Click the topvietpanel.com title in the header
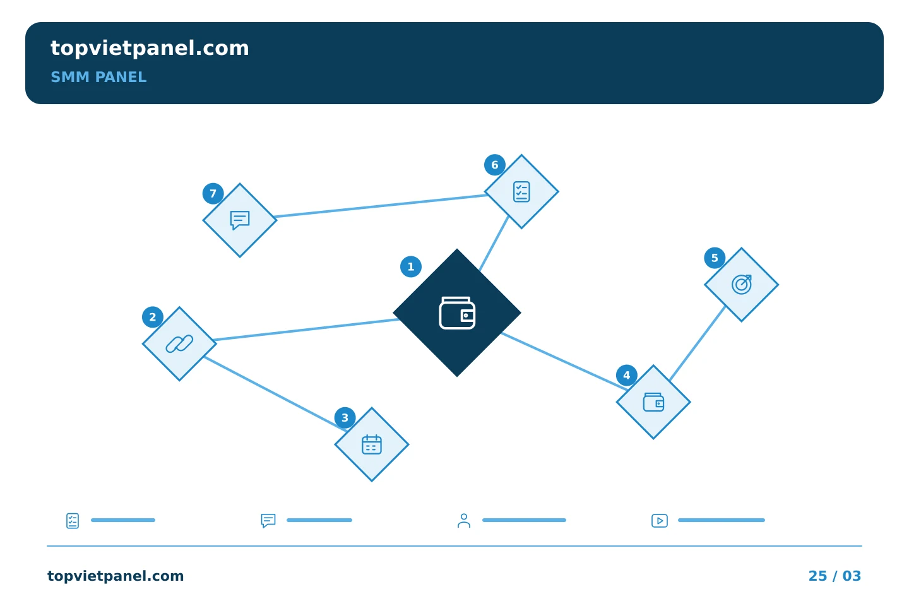click(150, 49)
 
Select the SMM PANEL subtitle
click(98, 77)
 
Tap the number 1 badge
click(411, 266)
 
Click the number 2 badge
click(153, 317)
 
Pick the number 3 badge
click(345, 418)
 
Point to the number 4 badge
click(627, 375)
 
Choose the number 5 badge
click(715, 258)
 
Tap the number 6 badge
click(495, 165)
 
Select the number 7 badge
click(213, 193)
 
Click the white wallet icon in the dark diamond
click(457, 312)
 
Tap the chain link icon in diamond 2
click(179, 344)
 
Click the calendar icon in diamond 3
click(372, 444)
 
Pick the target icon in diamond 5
click(741, 284)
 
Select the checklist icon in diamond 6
click(521, 191)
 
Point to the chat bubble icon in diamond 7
click(240, 220)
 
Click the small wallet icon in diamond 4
click(653, 402)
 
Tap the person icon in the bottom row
click(464, 521)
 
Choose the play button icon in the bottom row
click(660, 521)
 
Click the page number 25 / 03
click(835, 576)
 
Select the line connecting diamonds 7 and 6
click(381, 206)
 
